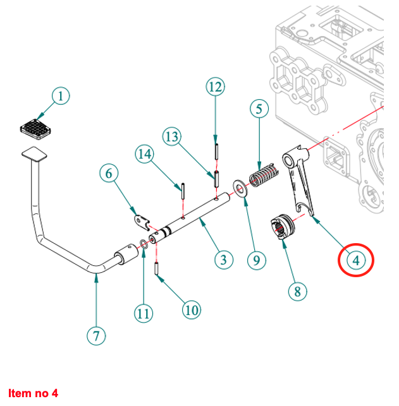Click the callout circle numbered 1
[60, 97]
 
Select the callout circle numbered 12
[215, 87]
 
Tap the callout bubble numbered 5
[259, 109]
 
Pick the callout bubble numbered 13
[172, 136]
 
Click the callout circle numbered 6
[109, 172]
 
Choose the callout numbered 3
[221, 258]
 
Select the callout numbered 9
[256, 258]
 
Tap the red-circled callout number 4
[355, 259]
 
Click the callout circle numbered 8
[297, 291]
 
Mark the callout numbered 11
[144, 311]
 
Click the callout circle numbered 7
[95, 335]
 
